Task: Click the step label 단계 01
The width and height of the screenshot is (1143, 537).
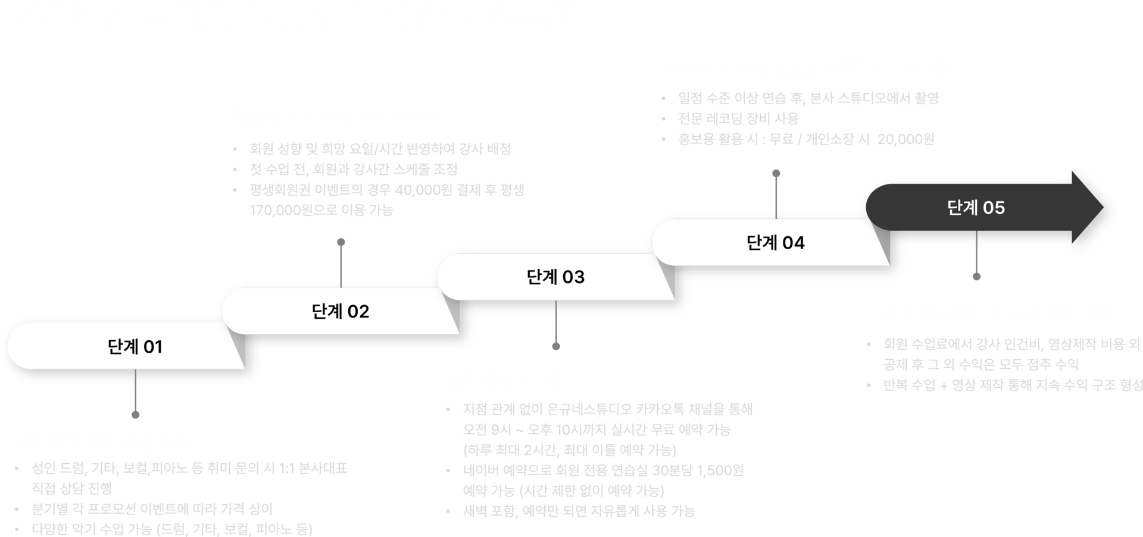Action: (x=135, y=346)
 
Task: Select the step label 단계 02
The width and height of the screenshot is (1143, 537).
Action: (x=341, y=311)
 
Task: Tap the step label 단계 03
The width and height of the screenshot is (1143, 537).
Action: (x=556, y=277)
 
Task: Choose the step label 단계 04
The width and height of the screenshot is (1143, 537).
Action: (x=776, y=243)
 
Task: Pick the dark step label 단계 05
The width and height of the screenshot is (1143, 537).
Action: (x=976, y=208)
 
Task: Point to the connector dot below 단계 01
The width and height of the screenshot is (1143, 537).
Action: (x=135, y=414)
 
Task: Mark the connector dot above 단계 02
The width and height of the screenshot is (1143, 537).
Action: (x=341, y=242)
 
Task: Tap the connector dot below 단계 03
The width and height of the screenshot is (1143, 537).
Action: (x=556, y=346)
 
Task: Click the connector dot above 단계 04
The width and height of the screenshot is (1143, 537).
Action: (x=776, y=174)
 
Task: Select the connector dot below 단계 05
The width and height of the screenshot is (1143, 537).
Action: (x=976, y=276)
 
